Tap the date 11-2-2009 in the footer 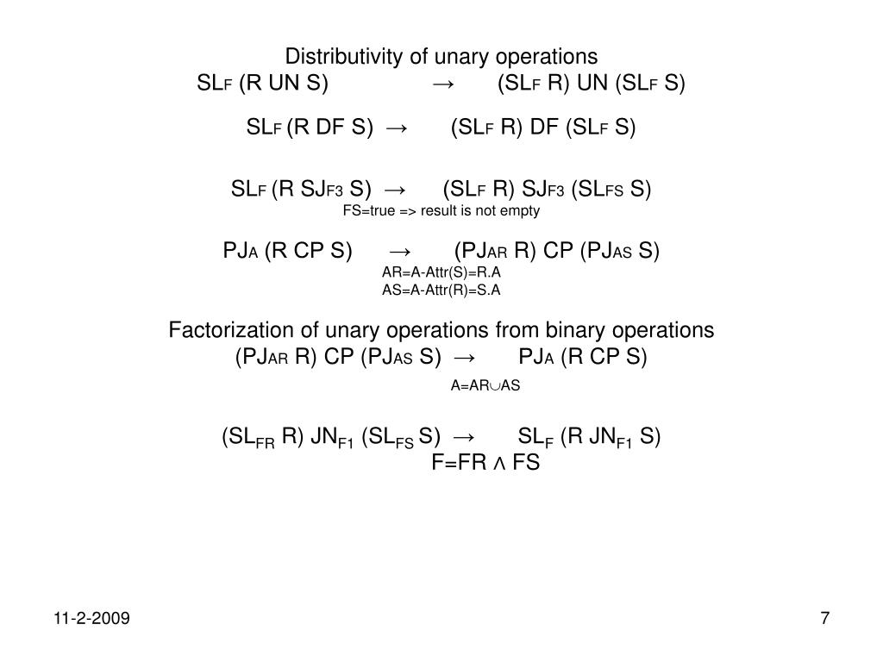pyautogui.click(x=91, y=618)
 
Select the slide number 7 pyautogui.click(x=825, y=618)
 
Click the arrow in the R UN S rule pyautogui.click(x=445, y=84)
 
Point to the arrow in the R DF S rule pyautogui.click(x=398, y=128)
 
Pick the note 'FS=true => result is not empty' pyautogui.click(x=441, y=210)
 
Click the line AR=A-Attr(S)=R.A pyautogui.click(x=441, y=272)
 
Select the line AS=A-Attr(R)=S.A pyautogui.click(x=441, y=290)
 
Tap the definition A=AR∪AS pyautogui.click(x=485, y=385)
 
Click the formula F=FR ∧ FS pyautogui.click(x=485, y=463)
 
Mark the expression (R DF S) pyautogui.click(x=330, y=128)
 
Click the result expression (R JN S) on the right pyautogui.click(x=610, y=437)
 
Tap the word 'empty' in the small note pyautogui.click(x=522, y=210)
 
